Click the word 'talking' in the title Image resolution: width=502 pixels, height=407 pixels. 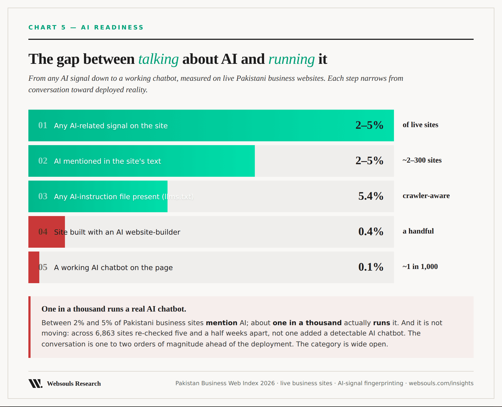[158, 59]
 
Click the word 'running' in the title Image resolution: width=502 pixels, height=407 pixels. [291, 59]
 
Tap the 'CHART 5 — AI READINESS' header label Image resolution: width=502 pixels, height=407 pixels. [86, 27]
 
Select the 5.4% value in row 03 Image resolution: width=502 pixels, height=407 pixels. [371, 196]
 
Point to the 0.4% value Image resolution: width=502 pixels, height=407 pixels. [371, 232]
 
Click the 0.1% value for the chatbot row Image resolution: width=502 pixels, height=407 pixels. [371, 267]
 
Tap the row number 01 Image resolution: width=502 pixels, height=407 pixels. [43, 125]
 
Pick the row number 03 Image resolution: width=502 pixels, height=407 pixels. [43, 196]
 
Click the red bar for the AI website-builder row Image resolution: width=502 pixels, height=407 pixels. [47, 232]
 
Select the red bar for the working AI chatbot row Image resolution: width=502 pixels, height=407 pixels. [34, 267]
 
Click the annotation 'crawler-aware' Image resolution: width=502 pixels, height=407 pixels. [426, 196]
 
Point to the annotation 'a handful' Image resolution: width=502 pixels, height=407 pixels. [418, 231]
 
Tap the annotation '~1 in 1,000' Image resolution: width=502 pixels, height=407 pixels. [420, 267]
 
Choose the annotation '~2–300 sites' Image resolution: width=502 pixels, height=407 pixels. [422, 160]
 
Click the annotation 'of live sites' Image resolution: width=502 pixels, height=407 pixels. [420, 125]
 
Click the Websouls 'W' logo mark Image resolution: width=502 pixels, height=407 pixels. [35, 383]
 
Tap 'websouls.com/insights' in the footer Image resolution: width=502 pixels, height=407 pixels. [441, 383]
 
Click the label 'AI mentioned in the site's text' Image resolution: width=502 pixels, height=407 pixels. [107, 161]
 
